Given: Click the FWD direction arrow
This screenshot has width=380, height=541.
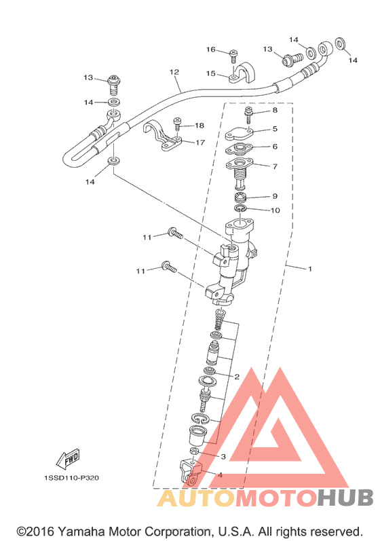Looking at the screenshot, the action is click(x=68, y=459).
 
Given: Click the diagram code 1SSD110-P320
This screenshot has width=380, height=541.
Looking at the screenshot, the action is click(x=71, y=478).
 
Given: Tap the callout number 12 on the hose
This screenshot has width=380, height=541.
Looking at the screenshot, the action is click(x=174, y=72).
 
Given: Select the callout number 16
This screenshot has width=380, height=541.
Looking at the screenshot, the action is click(x=210, y=50).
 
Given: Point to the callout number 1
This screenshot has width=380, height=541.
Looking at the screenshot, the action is click(x=309, y=268).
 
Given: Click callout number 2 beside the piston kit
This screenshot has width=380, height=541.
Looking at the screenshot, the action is click(x=237, y=377).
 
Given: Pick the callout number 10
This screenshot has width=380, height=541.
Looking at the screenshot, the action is click(x=275, y=210).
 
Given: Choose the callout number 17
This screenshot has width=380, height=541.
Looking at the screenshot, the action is click(x=200, y=142).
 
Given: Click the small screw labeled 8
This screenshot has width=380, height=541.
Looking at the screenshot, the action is click(x=248, y=115).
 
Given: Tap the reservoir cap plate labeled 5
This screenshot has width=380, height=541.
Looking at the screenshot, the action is click(x=239, y=134).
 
